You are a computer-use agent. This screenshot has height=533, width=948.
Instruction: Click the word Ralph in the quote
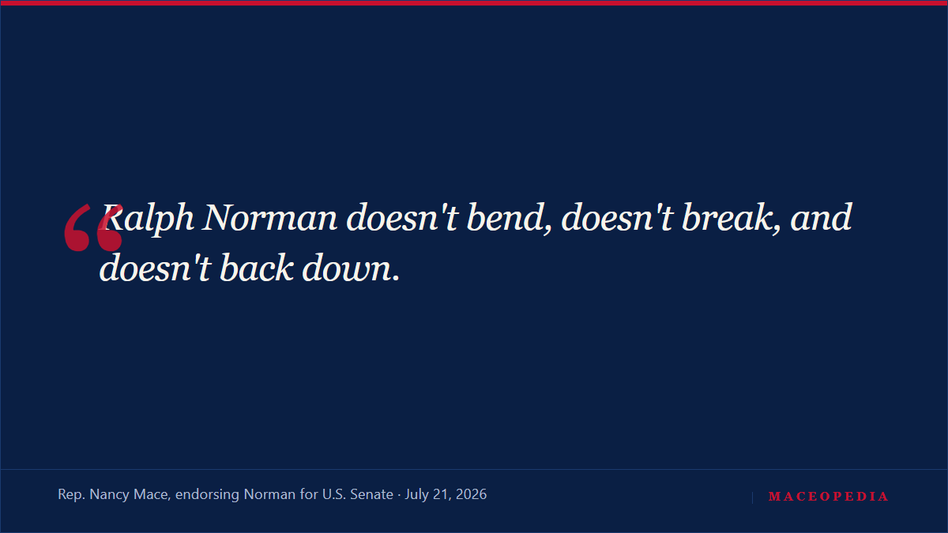click(148, 218)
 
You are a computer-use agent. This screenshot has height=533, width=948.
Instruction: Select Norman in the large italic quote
click(269, 217)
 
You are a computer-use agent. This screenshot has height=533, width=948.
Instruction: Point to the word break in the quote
click(731, 217)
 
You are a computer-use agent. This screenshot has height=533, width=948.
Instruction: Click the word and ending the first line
click(821, 217)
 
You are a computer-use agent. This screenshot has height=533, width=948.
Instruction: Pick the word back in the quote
click(257, 268)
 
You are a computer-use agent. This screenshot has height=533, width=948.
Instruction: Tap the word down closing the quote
click(351, 268)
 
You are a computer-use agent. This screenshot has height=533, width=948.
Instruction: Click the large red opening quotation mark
click(93, 227)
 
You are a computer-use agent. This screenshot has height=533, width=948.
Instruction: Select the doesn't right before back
click(155, 268)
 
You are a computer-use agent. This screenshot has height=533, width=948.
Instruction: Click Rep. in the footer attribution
click(72, 494)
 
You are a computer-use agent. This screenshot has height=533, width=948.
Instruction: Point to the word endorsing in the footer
click(207, 495)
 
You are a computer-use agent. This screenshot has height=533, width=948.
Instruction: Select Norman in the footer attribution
click(269, 494)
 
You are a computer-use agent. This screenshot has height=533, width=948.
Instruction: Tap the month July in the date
click(417, 495)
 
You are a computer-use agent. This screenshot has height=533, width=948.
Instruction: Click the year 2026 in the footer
click(472, 494)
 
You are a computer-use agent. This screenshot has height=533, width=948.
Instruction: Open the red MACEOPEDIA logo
click(828, 497)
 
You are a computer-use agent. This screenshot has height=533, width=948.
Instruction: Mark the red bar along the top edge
click(474, 3)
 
